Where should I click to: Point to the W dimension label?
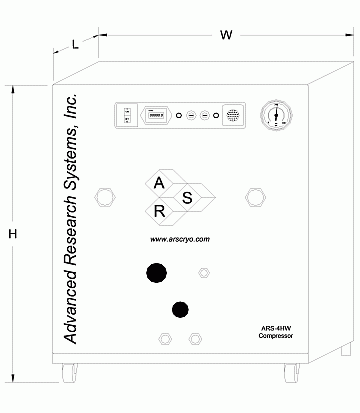(227, 36)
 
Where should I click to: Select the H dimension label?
(13, 234)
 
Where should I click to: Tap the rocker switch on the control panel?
(127, 116)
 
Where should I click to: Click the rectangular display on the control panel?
(157, 115)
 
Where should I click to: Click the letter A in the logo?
(157, 182)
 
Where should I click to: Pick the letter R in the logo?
(159, 211)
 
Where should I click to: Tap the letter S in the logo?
(187, 197)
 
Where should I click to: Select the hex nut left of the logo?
(101, 197)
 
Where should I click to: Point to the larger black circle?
(156, 273)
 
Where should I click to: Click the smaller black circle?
(180, 308)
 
